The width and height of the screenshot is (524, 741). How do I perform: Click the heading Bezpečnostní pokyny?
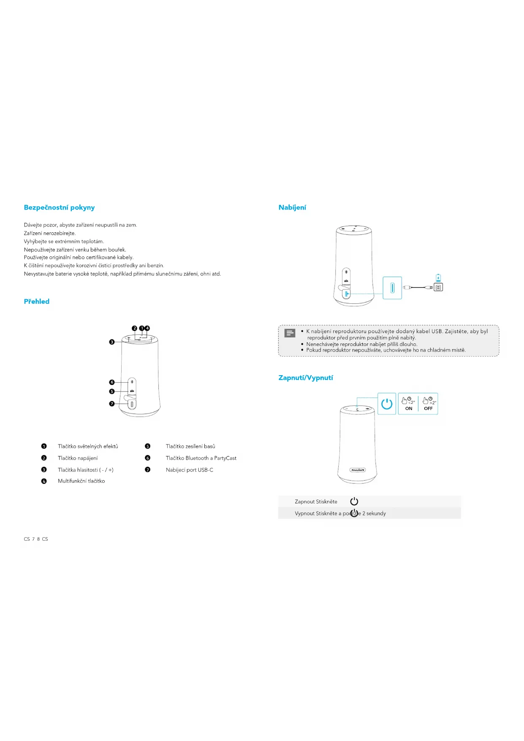[59, 207]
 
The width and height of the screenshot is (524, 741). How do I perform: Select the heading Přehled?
[37, 301]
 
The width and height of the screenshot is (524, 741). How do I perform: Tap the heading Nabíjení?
[292, 207]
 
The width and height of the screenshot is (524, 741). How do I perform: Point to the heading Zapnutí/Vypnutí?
[306, 378]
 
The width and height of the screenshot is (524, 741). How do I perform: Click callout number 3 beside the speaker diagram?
[112, 342]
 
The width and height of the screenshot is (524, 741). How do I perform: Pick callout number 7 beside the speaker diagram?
[112, 404]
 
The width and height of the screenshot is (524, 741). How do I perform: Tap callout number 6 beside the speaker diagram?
[112, 382]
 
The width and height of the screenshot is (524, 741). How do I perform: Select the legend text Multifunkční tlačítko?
[81, 481]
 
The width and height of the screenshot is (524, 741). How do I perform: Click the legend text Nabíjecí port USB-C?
[189, 470]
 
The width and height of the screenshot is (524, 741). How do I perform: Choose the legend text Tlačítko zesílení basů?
[190, 446]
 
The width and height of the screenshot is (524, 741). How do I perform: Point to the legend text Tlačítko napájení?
[78, 458]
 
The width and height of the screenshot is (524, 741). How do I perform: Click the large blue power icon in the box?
[387, 404]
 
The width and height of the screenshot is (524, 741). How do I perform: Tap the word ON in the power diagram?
[409, 409]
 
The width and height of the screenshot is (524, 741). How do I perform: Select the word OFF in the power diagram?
[428, 409]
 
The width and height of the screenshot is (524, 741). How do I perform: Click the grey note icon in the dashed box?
[290, 333]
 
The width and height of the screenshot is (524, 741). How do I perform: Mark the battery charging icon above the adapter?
[438, 278]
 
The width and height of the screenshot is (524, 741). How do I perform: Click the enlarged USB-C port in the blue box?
[392, 288]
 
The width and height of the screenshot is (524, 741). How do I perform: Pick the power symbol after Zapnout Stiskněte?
[354, 501]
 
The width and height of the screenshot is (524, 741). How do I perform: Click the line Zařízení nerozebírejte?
[50, 233]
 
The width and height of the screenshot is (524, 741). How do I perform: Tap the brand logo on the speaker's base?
[358, 470]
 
